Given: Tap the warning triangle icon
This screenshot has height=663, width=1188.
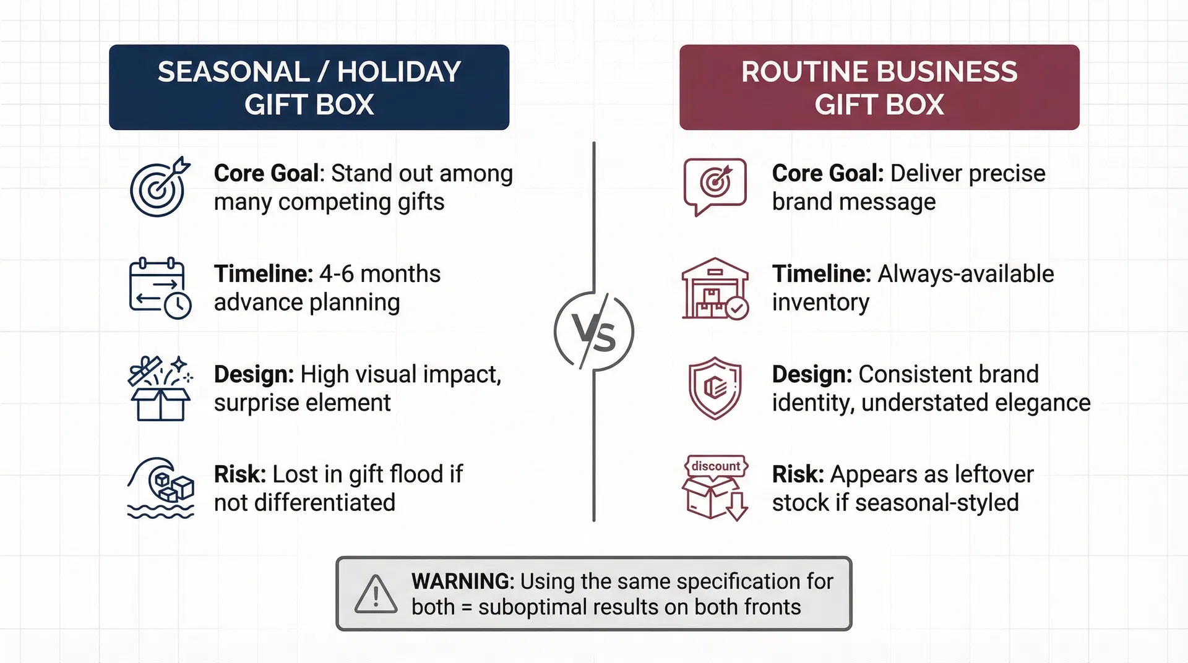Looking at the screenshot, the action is [x=376, y=594].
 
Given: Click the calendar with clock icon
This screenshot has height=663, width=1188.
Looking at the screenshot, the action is [x=160, y=288].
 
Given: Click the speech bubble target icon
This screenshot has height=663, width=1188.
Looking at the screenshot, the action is [x=715, y=187].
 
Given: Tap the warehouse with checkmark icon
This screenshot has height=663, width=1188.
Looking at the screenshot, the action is [x=715, y=288].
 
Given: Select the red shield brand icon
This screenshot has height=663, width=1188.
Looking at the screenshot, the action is [x=715, y=388].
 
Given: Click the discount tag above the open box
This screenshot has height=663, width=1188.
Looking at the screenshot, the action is [x=716, y=466].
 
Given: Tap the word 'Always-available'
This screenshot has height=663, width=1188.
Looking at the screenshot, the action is [x=966, y=274].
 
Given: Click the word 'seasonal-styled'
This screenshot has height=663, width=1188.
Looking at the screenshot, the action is [x=937, y=503].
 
